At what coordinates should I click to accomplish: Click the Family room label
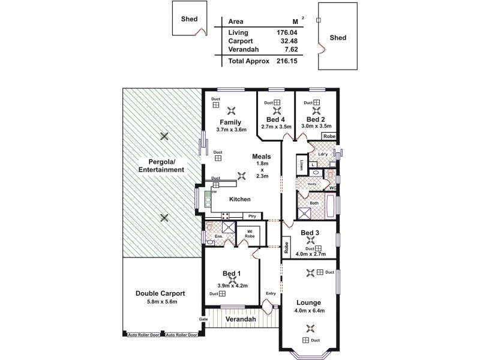[x=230, y=122]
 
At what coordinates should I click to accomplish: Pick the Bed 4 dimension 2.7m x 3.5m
[x=277, y=127]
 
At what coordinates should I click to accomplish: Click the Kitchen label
[x=239, y=199]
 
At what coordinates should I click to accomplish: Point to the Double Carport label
[x=160, y=293]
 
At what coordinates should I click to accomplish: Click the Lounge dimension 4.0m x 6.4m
[x=308, y=310]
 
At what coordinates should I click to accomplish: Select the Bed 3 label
[x=310, y=232]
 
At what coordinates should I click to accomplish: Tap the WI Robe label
[x=248, y=232]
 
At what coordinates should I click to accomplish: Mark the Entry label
[x=271, y=294]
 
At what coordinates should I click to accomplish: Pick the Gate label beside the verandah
[x=203, y=319]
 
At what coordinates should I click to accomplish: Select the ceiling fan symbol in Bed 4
[x=277, y=110]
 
